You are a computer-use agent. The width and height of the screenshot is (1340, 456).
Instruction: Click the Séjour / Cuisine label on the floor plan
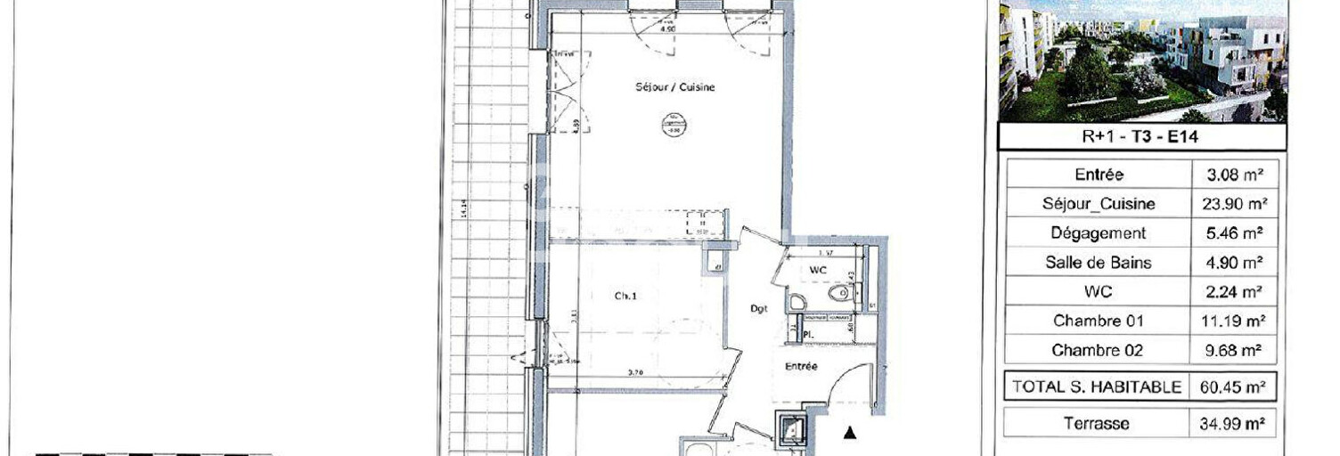tap(674, 87)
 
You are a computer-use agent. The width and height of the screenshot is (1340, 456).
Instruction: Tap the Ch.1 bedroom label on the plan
tap(625, 297)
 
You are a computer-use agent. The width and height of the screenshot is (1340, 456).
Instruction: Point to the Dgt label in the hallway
tap(758, 309)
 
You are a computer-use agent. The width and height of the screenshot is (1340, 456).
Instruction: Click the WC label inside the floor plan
tap(819, 270)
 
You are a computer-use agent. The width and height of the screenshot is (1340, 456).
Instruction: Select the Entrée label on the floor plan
tap(801, 366)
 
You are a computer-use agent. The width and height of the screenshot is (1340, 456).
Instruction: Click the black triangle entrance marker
tap(850, 433)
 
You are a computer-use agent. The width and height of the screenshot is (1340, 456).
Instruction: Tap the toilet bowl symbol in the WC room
tap(838, 293)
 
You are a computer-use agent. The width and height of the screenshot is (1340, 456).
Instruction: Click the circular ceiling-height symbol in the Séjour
tap(674, 126)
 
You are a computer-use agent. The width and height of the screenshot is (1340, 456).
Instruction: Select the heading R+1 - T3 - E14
tap(1141, 137)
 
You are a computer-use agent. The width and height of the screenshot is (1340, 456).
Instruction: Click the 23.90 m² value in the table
tap(1233, 204)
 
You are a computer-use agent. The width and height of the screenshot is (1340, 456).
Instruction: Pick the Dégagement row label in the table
tap(1099, 233)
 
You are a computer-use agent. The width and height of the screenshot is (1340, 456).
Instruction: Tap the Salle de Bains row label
tap(1099, 263)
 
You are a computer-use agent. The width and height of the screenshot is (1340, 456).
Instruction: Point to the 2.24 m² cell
tap(1233, 291)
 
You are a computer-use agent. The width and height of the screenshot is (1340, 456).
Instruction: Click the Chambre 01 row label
tap(1099, 321)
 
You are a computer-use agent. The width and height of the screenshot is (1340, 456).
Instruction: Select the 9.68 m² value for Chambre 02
tap(1233, 350)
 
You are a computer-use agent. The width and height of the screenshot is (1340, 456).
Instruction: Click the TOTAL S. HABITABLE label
tap(1097, 387)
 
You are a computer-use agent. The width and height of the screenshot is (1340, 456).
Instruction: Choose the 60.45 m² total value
tap(1233, 387)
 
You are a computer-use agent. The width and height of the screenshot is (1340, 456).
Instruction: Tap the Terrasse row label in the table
tap(1097, 424)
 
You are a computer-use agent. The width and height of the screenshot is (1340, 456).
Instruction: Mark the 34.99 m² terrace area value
tap(1233, 424)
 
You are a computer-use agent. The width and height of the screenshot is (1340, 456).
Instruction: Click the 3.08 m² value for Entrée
tap(1233, 175)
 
